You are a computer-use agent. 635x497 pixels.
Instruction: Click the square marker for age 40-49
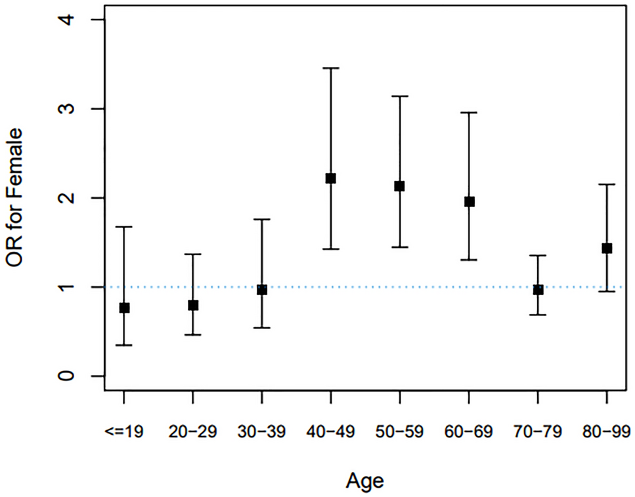331,178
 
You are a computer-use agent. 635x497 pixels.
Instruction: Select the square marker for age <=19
124,308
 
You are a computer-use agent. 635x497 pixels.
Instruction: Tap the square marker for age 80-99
607,248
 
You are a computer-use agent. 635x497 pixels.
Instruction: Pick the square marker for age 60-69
469,201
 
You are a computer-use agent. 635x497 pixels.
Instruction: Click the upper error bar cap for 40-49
331,68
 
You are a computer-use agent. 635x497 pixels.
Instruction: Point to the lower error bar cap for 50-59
400,247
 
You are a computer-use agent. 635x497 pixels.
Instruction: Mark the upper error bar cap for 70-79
538,256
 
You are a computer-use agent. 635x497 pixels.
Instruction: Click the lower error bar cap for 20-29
193,335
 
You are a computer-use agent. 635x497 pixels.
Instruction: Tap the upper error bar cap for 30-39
262,219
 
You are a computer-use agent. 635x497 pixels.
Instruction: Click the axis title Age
364,481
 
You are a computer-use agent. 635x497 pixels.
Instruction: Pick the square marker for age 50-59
400,186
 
